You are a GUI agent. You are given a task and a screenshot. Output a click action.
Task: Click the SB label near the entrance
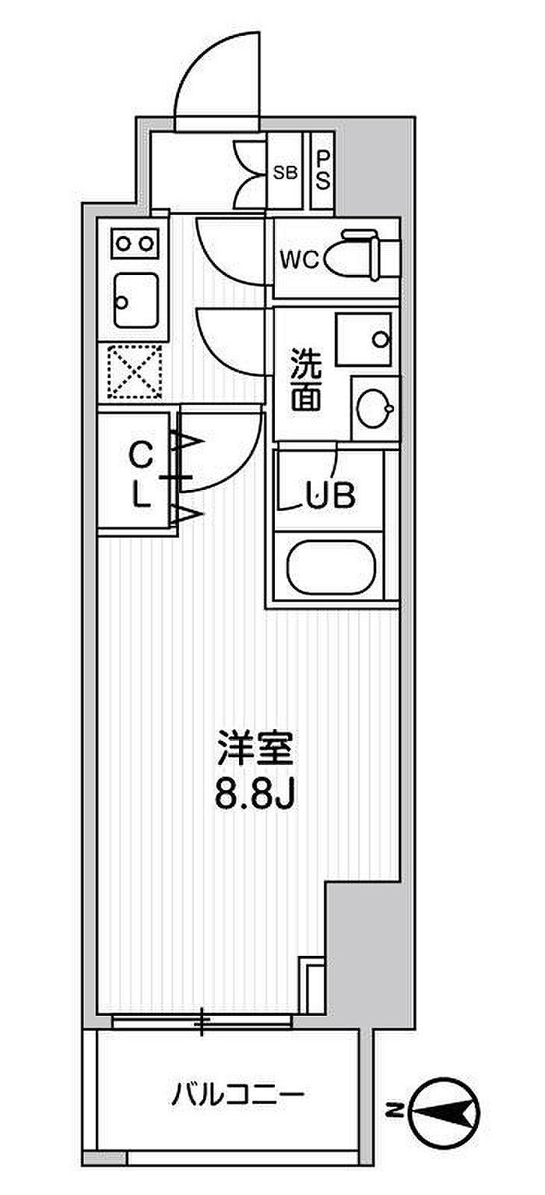pos(285,173)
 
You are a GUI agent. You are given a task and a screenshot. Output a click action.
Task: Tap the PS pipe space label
pos(323,170)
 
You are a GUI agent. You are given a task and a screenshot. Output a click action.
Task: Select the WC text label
pos(300,260)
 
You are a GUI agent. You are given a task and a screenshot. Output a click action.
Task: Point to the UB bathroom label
pos(329,495)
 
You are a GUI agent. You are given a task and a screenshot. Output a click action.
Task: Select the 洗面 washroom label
pos(305,379)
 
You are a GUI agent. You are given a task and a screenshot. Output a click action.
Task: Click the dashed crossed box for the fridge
pos(135,372)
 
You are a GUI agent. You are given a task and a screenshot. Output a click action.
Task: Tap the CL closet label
pos(141,475)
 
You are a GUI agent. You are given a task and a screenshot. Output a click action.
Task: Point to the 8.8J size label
pos(255,795)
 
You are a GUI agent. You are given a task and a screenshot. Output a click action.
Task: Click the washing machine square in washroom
pos(364,340)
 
